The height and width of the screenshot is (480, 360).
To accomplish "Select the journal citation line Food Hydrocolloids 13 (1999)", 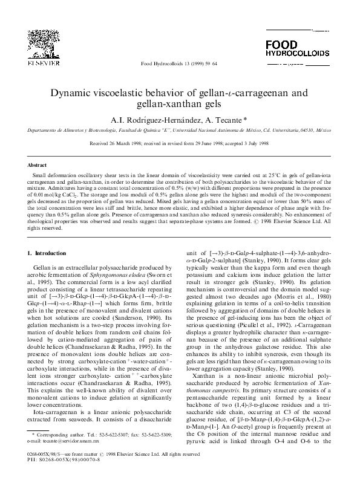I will (x=179, y=62).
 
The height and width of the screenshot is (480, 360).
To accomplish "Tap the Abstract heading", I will (x=38, y=164).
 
